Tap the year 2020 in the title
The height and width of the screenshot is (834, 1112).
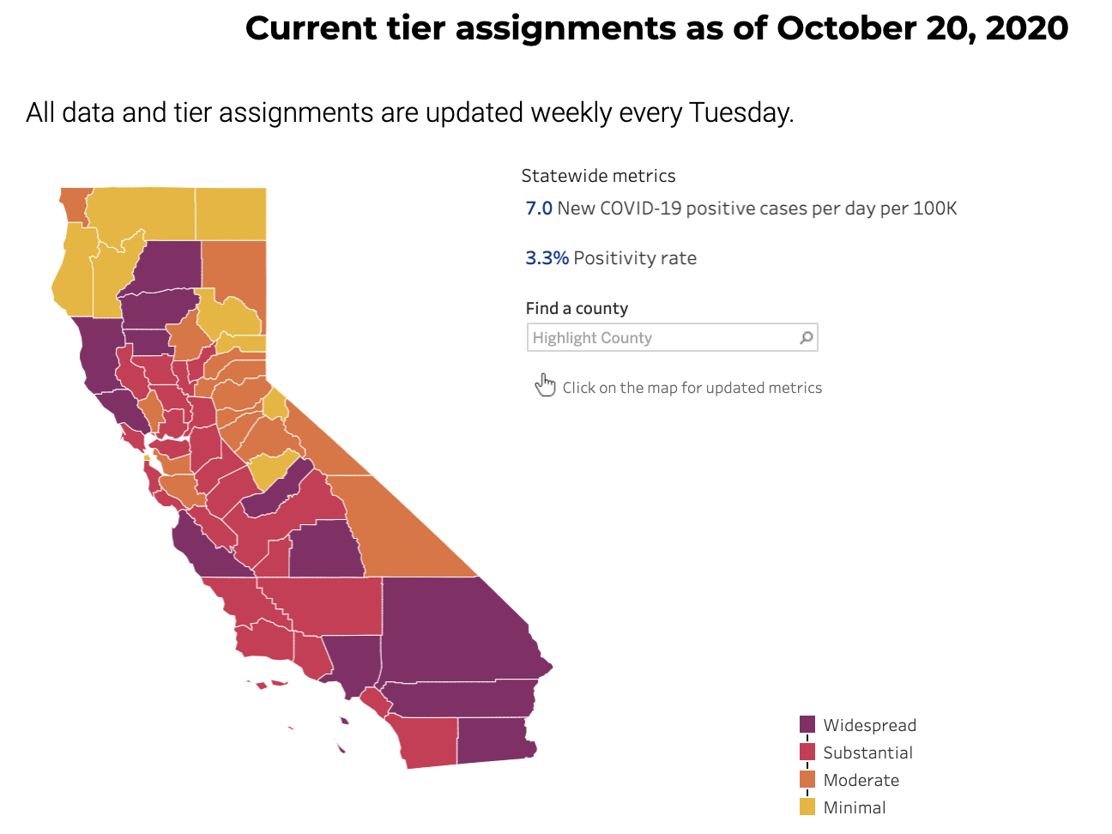(1026, 28)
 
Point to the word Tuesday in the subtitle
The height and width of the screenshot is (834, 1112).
(740, 112)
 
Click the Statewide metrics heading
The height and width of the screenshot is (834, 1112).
(598, 176)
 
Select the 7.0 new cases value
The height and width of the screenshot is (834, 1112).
(539, 208)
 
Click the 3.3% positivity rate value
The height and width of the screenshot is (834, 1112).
(547, 258)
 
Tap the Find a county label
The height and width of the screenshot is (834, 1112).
(577, 308)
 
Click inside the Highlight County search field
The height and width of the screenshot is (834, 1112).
(661, 338)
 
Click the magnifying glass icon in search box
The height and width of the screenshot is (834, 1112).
(806, 338)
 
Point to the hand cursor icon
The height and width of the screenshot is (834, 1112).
(545, 385)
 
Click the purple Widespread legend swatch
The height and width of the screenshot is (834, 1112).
(807, 725)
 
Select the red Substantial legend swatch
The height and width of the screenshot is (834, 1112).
(807, 752)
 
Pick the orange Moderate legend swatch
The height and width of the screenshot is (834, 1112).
(807, 780)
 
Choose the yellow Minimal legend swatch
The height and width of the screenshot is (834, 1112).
(807, 807)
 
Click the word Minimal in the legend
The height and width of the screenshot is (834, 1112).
(855, 807)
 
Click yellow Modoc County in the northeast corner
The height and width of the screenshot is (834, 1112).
(230, 214)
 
